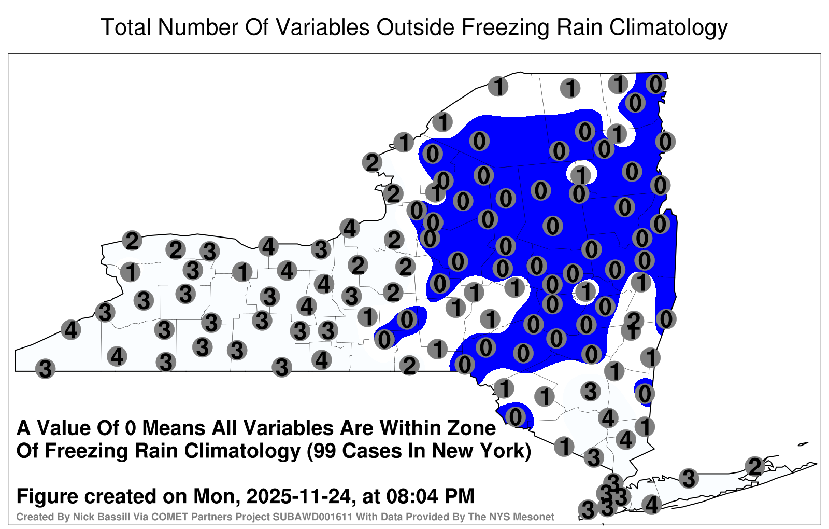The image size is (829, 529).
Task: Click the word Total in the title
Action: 126,27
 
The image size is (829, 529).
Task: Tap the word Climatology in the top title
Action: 668,28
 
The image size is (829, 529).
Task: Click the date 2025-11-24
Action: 298,496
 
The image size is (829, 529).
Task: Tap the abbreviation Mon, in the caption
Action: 217,497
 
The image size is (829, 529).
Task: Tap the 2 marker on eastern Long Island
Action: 755,466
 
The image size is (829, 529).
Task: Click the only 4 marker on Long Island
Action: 651,505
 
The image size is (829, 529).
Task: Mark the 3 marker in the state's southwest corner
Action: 46,369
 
